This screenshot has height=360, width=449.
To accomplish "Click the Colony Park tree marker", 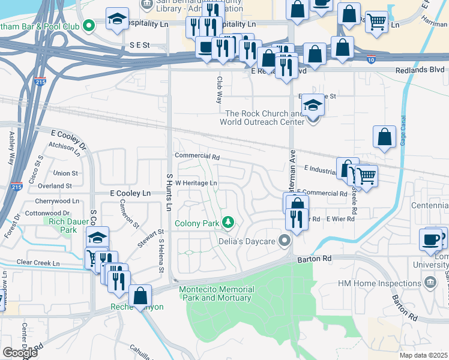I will [x=228, y=223].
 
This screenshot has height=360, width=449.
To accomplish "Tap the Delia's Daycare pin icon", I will [x=284, y=242].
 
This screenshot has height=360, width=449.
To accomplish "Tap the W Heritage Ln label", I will [x=196, y=183].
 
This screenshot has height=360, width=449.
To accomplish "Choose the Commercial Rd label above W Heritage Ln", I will [x=197, y=156].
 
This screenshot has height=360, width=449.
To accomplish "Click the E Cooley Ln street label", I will [x=130, y=193].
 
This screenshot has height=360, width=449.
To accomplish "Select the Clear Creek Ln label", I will [x=38, y=263].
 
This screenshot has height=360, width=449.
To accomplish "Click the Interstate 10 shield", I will [x=372, y=59].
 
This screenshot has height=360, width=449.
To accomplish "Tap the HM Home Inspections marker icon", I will [x=430, y=283].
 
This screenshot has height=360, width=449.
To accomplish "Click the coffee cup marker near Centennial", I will [x=430, y=239].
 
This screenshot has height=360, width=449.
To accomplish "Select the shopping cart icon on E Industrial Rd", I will [x=366, y=175].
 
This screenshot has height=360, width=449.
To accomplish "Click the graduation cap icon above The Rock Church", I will [x=312, y=104].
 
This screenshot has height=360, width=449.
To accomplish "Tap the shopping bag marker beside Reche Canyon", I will [x=140, y=295].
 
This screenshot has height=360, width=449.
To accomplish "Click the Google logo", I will [x=19, y=353].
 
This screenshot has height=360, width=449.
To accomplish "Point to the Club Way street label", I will [x=219, y=89].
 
